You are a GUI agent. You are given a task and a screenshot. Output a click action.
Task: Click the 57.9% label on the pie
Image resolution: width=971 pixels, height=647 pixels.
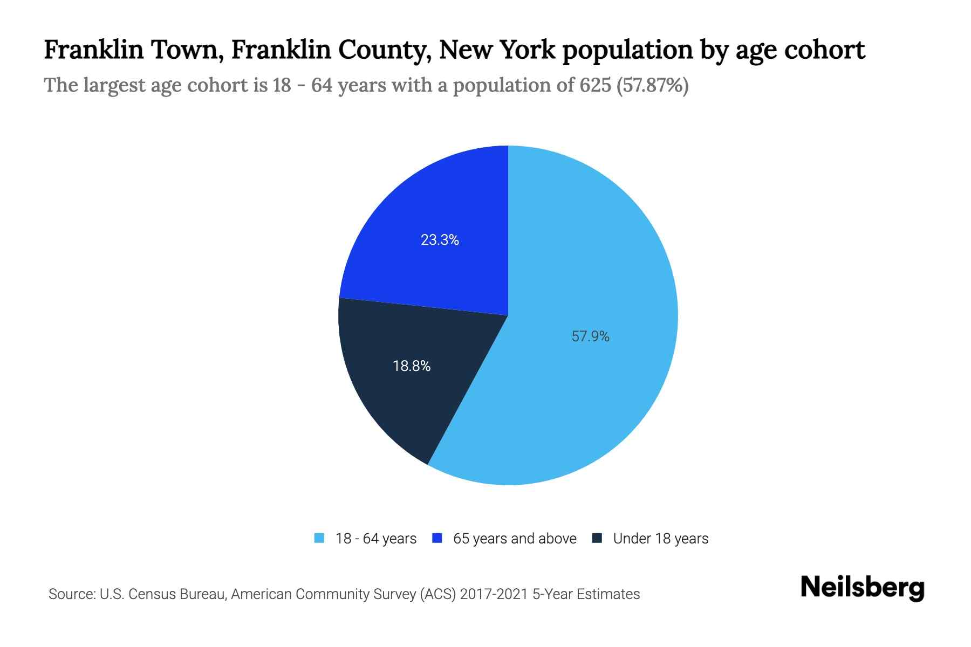[590, 336]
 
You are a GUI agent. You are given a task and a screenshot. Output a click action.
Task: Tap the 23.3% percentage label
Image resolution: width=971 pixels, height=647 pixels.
[440, 240]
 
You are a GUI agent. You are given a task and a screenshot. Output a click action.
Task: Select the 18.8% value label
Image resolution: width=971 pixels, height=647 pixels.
[412, 366]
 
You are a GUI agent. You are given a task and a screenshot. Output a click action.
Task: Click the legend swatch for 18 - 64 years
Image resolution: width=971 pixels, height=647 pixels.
[319, 538]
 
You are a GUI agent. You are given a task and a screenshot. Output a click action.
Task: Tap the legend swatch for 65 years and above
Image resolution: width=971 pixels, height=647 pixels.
[437, 538]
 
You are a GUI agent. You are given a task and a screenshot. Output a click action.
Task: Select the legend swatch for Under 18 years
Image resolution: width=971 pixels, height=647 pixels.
[597, 538]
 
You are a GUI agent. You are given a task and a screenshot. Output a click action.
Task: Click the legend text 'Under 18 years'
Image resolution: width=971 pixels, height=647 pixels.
[660, 539]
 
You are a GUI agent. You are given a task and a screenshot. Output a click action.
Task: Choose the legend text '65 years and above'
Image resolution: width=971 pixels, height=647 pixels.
[515, 539]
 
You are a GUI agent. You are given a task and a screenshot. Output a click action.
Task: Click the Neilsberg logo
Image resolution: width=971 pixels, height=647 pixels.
[862, 588]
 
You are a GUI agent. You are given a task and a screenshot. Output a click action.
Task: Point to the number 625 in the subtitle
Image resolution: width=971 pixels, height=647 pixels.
[596, 85]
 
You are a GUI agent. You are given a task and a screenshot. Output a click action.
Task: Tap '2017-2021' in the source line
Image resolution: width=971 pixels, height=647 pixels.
[494, 594]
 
